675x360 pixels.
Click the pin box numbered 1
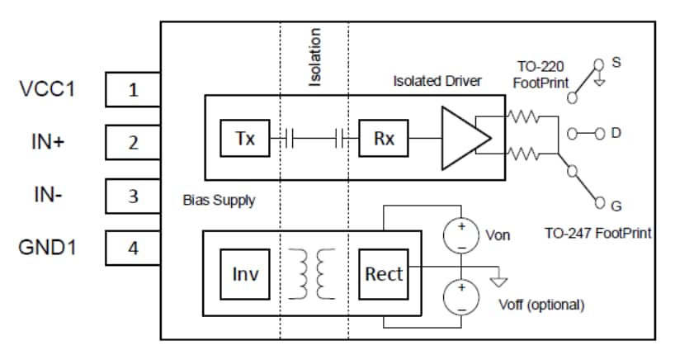[x=133, y=89]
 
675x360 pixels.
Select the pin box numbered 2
[x=133, y=143]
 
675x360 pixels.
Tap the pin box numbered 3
[x=133, y=196]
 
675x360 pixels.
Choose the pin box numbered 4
[x=133, y=249]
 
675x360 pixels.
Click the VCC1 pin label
[x=47, y=88]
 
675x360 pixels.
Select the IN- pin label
[x=48, y=196]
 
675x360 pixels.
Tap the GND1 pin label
[x=47, y=248]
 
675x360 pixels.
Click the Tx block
[x=245, y=139]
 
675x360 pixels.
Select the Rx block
[x=384, y=139]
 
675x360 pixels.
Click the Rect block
[x=385, y=272]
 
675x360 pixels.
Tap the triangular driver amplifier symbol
[x=461, y=139]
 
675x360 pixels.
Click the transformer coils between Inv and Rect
[x=314, y=273]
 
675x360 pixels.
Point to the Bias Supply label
[x=219, y=201]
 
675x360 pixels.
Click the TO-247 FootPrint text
[x=597, y=234]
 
